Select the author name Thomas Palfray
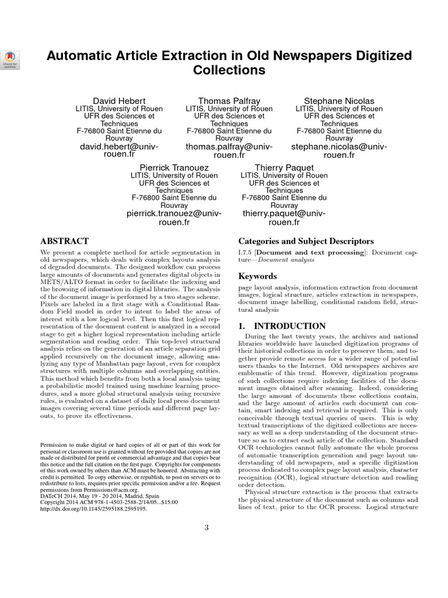pos(229,100)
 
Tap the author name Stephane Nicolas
pos(339,100)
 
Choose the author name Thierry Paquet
pos(284,167)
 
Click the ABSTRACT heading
pos(64,241)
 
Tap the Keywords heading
pos(258,276)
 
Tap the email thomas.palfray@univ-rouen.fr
pos(229,151)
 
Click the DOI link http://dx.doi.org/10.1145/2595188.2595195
pos(93,508)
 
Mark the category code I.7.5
pos(246,252)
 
